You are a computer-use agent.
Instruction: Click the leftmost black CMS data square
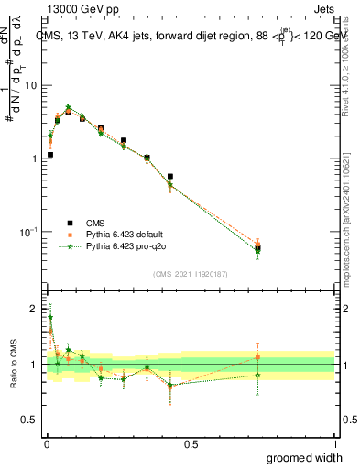(x=49, y=155)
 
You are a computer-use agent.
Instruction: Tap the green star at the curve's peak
(x=68, y=107)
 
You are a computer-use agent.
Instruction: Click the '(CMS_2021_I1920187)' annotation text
(x=191, y=274)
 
